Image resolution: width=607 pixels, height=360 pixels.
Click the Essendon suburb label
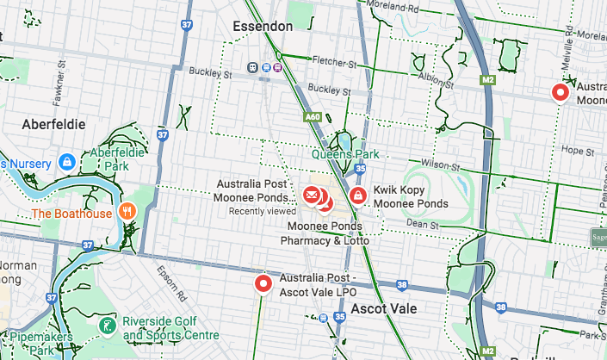coord(263,27)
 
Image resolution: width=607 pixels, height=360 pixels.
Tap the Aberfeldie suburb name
coord(54,124)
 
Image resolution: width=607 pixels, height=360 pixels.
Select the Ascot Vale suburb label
coord(384,308)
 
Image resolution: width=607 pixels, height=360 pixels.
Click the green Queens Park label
coord(345,155)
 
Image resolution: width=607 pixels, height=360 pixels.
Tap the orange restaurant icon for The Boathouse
coord(127,212)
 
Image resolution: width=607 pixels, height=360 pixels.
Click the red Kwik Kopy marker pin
coord(357,196)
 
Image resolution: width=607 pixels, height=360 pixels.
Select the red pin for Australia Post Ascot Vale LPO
coord(263,283)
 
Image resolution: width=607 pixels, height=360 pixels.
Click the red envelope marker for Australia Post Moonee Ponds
coord(311,196)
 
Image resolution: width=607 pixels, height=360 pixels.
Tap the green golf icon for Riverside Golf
coord(108,326)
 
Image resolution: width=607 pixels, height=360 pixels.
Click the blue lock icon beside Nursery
coord(66,162)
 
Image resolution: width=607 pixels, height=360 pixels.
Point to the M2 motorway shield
coord(489,80)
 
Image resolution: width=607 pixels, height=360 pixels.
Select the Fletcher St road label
coord(335,64)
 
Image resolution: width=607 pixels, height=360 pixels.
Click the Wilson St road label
coord(437,164)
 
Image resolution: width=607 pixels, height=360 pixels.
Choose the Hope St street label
coord(573,149)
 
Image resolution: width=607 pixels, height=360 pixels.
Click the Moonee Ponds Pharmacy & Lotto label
coord(325,233)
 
